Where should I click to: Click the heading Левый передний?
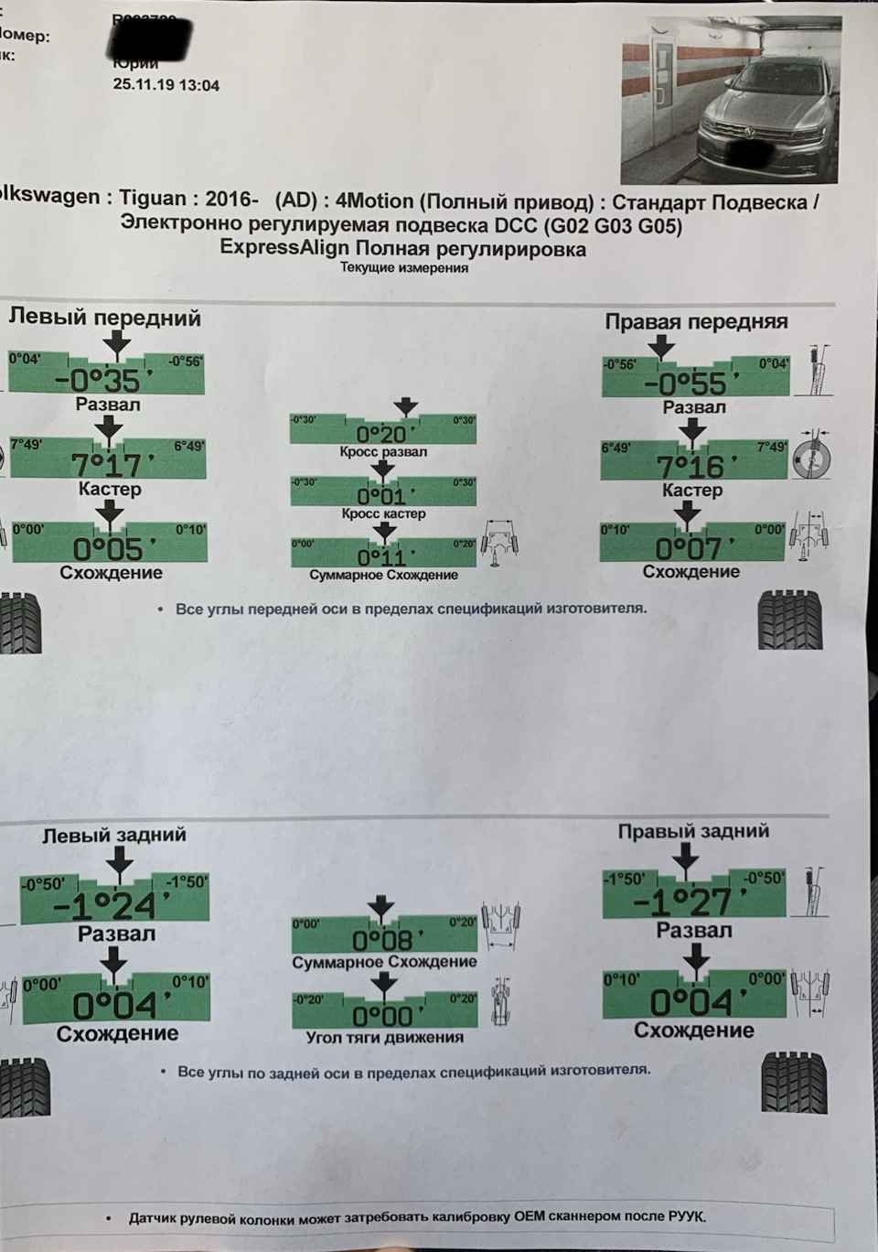click(x=104, y=318)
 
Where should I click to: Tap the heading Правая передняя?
click(x=696, y=321)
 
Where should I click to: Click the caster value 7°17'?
click(x=107, y=465)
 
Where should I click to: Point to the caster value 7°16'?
click(x=691, y=467)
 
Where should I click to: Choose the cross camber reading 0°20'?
click(x=382, y=434)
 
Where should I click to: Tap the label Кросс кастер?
click(x=383, y=514)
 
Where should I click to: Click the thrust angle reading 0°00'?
click(x=383, y=1016)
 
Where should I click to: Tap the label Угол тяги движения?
click(x=384, y=1038)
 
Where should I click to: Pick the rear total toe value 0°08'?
click(x=383, y=940)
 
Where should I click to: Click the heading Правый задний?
click(x=693, y=831)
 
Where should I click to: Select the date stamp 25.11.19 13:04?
click(x=166, y=85)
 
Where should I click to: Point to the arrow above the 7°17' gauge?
click(x=109, y=426)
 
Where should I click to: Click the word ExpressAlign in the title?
click(x=284, y=248)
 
